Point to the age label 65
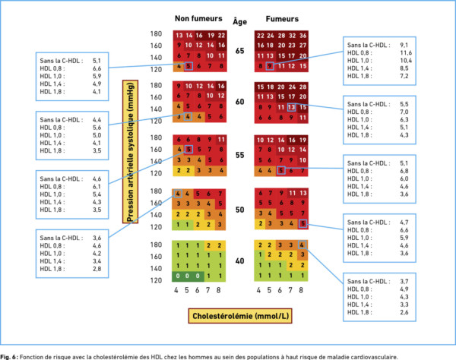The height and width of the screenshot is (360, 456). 241,51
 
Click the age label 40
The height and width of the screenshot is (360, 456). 241,261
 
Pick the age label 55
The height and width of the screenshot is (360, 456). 241,155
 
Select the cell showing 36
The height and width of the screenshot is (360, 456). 302,36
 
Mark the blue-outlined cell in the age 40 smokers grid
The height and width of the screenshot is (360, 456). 302,245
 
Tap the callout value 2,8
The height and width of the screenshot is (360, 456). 96,268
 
